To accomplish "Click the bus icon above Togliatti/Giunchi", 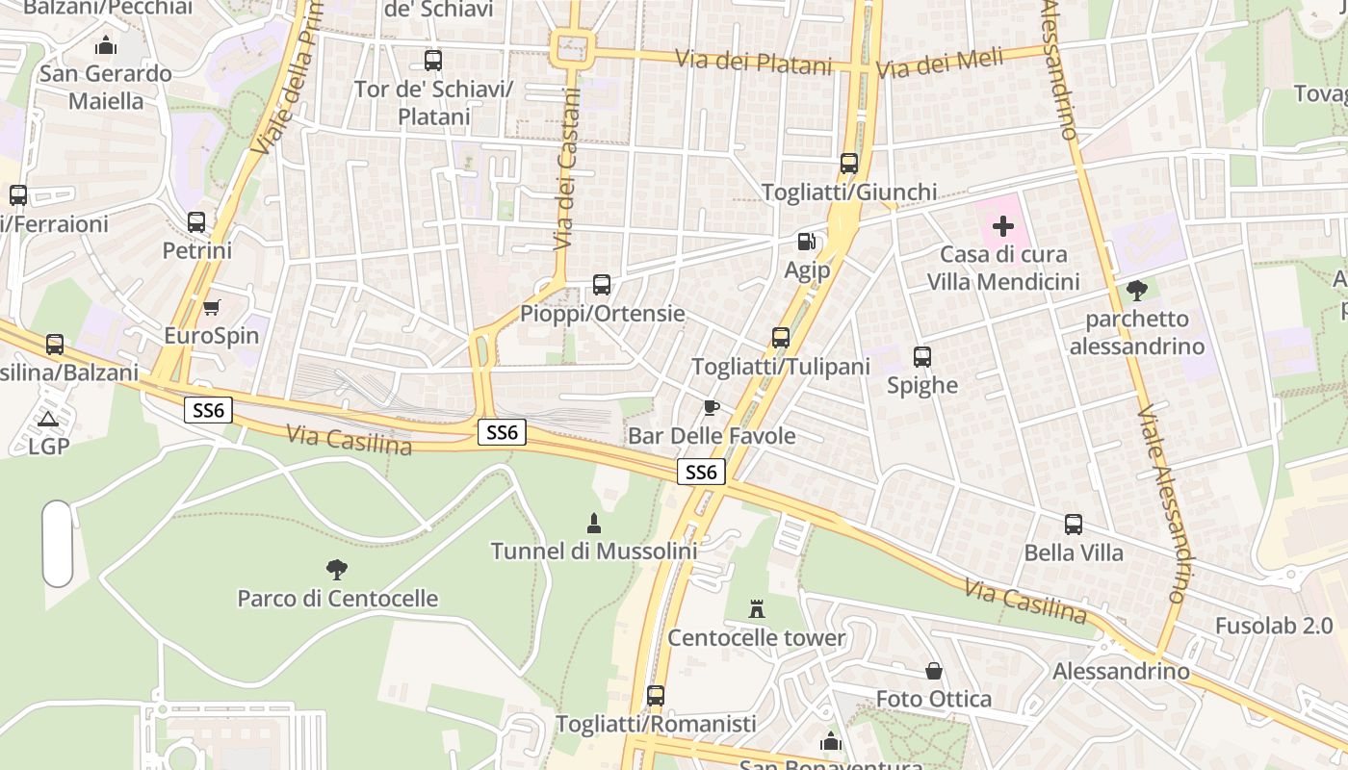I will point(848,164).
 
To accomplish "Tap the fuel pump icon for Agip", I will point(806,242).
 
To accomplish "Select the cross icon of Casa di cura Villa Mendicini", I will point(1003,226).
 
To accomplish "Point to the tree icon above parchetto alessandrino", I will point(1137,290).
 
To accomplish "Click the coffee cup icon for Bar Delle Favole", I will point(711,408).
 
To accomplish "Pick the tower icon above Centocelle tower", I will point(757,609).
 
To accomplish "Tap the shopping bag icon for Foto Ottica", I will point(933,671).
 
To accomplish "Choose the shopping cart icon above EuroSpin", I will point(212,308).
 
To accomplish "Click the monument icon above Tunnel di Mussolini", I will point(594,524).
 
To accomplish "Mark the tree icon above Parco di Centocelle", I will point(337,570).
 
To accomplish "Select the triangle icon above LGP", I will point(47,419).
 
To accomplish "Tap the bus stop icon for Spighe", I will point(922,357).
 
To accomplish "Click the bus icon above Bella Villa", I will point(1074,525).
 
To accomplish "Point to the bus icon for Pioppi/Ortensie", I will point(602,285).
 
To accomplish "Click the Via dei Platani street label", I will point(753,63).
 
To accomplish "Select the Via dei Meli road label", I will point(940,64).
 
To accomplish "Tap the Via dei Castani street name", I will point(567,169).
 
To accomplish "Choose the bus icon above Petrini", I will point(196,222).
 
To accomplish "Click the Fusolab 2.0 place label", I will point(1274,626).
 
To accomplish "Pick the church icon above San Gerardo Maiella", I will point(106,45).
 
